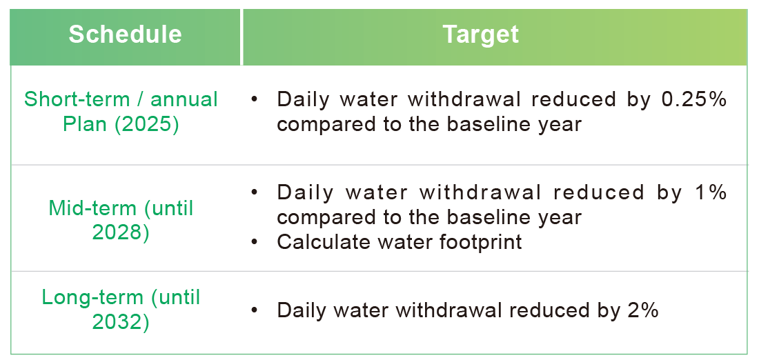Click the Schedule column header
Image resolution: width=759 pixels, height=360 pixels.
[x=125, y=34]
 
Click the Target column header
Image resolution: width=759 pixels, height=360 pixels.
[x=480, y=34]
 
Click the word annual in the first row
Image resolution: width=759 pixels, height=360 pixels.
[x=184, y=99]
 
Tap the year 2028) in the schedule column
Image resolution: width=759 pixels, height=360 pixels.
[x=121, y=232]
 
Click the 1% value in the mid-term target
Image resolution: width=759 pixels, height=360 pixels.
[x=711, y=192]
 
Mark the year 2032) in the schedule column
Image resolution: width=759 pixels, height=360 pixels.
[x=121, y=322]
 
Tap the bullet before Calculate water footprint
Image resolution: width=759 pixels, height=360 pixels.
[x=255, y=242]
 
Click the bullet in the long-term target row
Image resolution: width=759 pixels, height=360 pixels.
[x=255, y=310]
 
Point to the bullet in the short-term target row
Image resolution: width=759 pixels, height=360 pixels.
[x=255, y=99]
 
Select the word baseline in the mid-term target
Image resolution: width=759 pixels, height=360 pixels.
[x=497, y=218]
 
